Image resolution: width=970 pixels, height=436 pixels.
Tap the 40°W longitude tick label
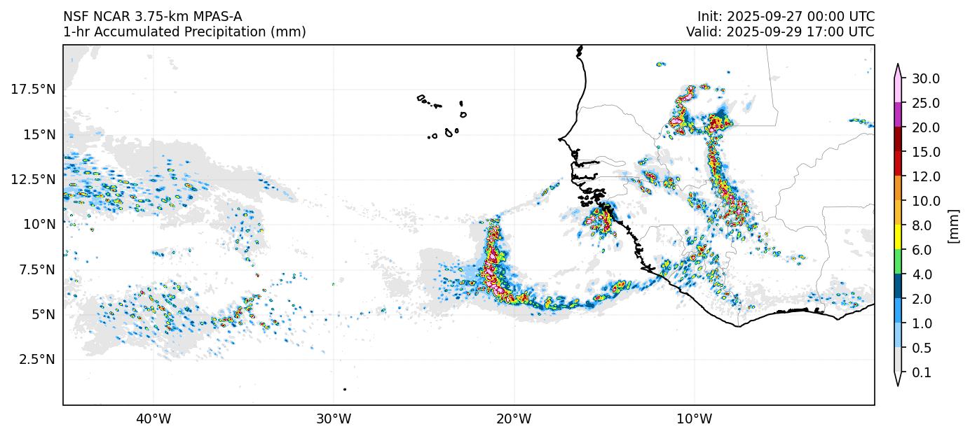coord(153,419)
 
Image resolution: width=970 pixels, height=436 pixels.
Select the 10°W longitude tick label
coord(694,419)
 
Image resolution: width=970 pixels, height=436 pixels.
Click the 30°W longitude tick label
coord(333,419)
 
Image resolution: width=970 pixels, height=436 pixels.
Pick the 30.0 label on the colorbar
coord(925,78)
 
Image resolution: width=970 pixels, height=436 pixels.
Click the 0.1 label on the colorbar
coord(922,373)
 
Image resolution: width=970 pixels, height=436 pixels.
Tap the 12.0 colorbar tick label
coord(925,176)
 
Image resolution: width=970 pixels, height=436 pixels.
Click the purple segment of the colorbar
coord(898,115)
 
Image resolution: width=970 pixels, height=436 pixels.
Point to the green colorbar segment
coord(898,262)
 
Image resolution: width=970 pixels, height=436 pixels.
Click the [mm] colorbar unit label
coord(953,225)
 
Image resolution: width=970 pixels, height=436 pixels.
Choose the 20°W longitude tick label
coord(514,419)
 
